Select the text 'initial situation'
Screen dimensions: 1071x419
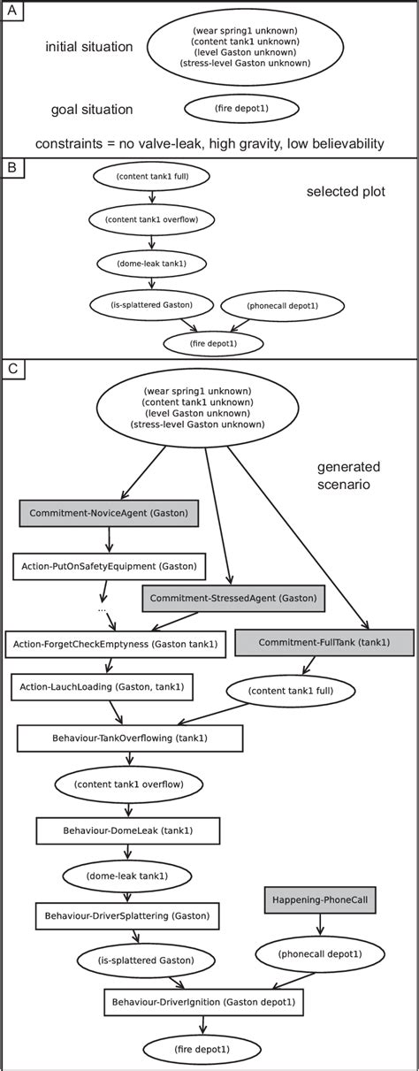[x=88, y=45]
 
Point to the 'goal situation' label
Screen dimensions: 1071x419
[x=93, y=110]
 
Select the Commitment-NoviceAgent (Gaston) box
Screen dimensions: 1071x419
[x=109, y=513]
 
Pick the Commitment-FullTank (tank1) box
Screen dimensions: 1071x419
[x=324, y=643]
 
